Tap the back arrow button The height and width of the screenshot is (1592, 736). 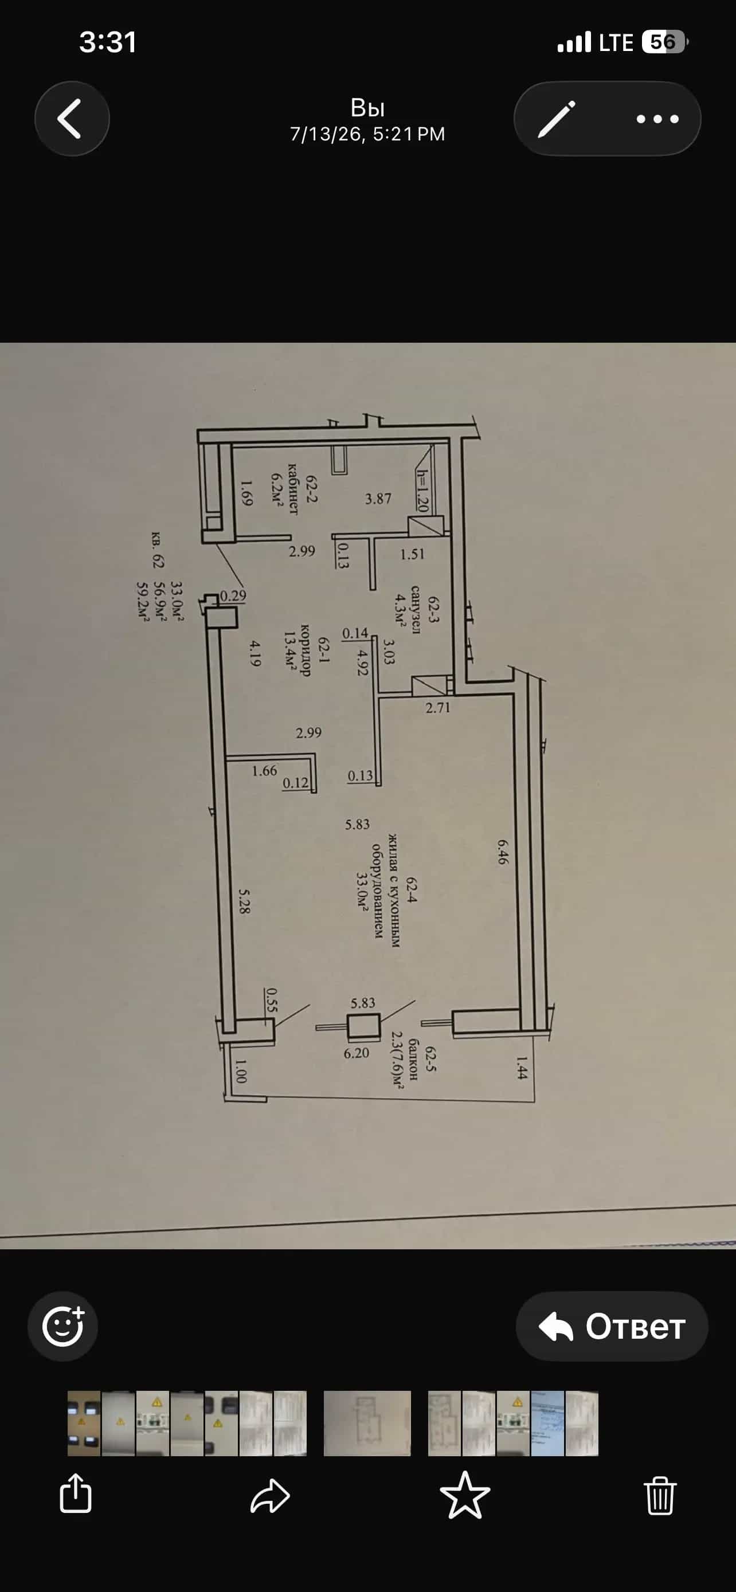pyautogui.click(x=72, y=118)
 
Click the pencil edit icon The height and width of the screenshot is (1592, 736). pyautogui.click(x=556, y=119)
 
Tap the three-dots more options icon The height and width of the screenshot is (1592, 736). pyautogui.click(x=657, y=119)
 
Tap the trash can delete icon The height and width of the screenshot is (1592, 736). pyautogui.click(x=659, y=1496)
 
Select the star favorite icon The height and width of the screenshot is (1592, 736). pyautogui.click(x=465, y=1495)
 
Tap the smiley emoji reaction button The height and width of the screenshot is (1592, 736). pyautogui.click(x=62, y=1326)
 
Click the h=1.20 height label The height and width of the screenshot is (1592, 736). pyautogui.click(x=422, y=491)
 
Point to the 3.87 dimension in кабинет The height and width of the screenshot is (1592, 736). pyautogui.click(x=378, y=498)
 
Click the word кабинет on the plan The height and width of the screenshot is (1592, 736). pyautogui.click(x=292, y=489)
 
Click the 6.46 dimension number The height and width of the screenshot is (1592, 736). pyautogui.click(x=502, y=851)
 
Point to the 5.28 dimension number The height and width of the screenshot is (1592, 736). pyautogui.click(x=245, y=901)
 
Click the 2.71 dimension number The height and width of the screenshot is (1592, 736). pyautogui.click(x=437, y=708)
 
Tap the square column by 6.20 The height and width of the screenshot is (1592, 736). pyautogui.click(x=363, y=1026)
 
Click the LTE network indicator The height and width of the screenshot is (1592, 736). pyautogui.click(x=616, y=42)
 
